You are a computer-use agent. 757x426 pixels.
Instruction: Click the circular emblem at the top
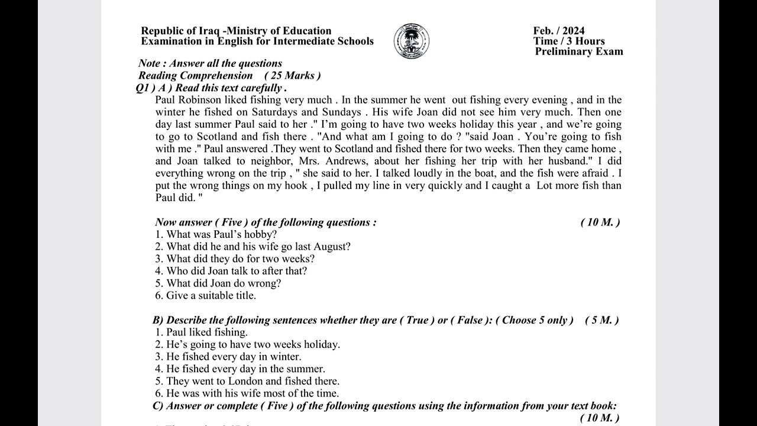click(x=412, y=41)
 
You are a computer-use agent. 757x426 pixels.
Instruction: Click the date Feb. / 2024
click(x=559, y=31)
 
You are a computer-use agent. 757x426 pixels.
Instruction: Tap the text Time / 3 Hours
click(x=569, y=41)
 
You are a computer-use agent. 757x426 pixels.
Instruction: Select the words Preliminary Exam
click(x=579, y=51)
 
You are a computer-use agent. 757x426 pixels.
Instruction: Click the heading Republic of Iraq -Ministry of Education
click(x=236, y=31)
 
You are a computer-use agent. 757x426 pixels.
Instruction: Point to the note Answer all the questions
click(x=210, y=63)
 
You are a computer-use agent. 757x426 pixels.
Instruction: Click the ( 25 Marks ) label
click(x=292, y=76)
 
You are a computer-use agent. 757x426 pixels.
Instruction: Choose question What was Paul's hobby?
click(x=216, y=234)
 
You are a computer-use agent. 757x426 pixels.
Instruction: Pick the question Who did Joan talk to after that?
click(x=231, y=271)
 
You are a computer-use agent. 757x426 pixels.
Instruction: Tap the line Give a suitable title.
click(x=206, y=295)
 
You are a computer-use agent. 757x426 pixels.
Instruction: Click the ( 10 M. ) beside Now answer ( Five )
click(x=600, y=222)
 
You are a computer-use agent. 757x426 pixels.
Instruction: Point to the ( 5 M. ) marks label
click(x=601, y=320)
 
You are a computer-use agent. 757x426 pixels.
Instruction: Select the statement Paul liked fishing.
click(x=202, y=333)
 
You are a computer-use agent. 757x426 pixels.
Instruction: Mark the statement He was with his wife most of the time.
click(x=247, y=393)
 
